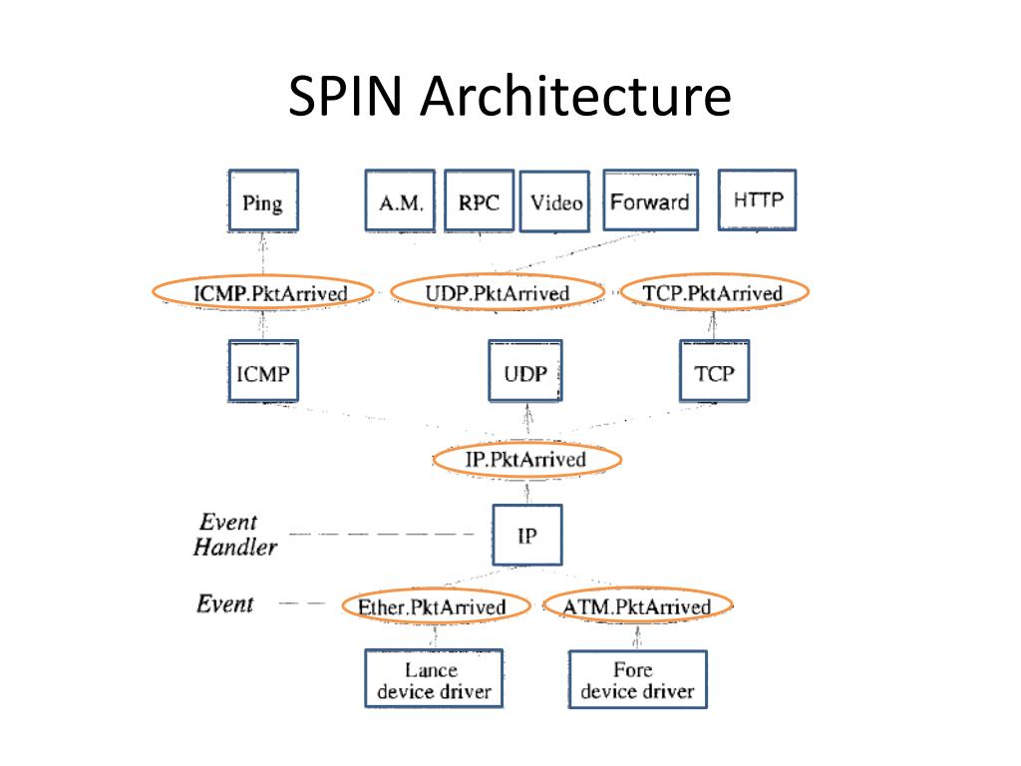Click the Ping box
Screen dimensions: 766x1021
point(262,201)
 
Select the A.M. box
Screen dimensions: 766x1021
point(401,201)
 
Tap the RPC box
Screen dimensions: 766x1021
point(479,200)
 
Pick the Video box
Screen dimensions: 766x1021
point(555,202)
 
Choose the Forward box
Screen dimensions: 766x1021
point(649,200)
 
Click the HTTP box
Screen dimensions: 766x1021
point(758,199)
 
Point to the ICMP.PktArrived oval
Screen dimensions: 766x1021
point(263,292)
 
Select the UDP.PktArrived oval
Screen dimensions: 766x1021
point(497,292)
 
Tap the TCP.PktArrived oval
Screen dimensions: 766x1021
point(714,292)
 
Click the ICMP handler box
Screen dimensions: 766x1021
point(263,372)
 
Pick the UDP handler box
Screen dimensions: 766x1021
point(524,372)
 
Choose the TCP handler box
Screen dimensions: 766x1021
point(714,372)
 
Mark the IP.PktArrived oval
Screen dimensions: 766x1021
point(527,459)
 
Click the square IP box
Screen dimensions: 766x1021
point(527,536)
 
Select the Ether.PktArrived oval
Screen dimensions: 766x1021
point(433,606)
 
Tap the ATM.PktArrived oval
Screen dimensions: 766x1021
point(638,605)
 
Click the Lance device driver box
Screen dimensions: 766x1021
point(433,679)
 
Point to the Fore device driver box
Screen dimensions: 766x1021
point(637,679)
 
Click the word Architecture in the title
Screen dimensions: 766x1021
point(575,99)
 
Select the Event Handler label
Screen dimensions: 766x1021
point(232,534)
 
